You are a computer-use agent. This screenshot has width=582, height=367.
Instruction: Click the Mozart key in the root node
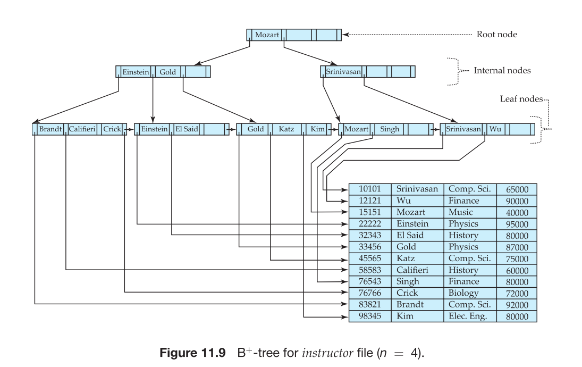pos(267,36)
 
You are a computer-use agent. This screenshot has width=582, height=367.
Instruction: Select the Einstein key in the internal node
pos(136,72)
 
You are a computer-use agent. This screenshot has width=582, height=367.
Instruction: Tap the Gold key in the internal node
pos(167,72)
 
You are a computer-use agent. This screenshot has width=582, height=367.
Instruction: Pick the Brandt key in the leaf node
pos(50,129)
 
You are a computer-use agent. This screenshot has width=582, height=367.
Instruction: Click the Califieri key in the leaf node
pos(82,129)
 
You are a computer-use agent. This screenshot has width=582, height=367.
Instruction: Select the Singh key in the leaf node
pos(389,129)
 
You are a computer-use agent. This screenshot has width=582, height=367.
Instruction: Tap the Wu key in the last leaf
pos(495,129)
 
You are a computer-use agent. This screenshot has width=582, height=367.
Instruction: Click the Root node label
pos(497,35)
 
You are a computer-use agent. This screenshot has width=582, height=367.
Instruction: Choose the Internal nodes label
pos(502,70)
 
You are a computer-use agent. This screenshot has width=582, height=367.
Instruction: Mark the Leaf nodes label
pos(521,99)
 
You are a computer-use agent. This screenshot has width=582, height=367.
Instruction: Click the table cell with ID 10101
pos(370,189)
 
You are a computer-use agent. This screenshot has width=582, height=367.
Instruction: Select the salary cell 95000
pos(517,224)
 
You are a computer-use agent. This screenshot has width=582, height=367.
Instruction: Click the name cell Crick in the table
pos(407,293)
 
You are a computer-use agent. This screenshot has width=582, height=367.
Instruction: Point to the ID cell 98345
pos(370,316)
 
